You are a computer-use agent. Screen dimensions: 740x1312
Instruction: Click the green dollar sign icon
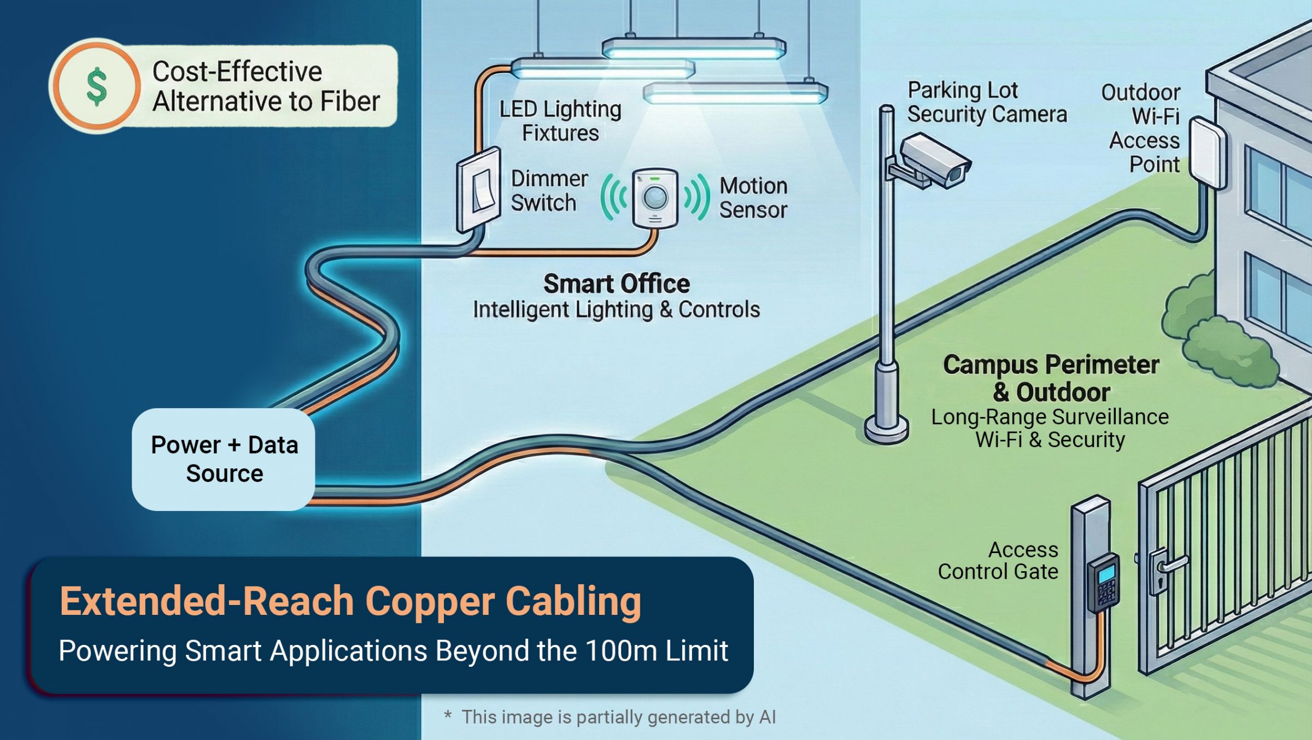click(97, 86)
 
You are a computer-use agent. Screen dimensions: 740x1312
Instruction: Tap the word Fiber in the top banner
click(350, 102)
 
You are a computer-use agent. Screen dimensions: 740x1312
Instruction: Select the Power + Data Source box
click(224, 459)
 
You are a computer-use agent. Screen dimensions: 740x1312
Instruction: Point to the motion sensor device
click(655, 197)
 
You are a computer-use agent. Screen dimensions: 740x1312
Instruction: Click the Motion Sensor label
click(753, 198)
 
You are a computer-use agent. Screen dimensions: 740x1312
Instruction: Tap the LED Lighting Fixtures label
click(560, 121)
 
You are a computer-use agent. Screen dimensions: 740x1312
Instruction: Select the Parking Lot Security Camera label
click(987, 102)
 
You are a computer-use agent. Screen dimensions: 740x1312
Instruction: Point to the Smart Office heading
click(616, 284)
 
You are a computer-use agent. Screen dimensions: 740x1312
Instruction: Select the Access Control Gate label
click(998, 561)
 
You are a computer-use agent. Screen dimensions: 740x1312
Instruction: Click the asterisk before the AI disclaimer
click(448, 715)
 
